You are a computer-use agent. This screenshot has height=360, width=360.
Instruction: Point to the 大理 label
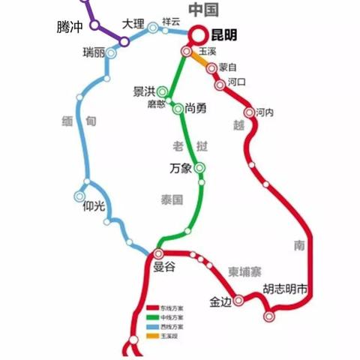133,23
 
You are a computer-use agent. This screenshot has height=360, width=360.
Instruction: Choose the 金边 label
220,301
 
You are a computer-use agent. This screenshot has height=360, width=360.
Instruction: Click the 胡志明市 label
286,289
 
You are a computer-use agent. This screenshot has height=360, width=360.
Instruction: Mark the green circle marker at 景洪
162,91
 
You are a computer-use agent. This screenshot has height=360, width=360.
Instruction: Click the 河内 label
265,112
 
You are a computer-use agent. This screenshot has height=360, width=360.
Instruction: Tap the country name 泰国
172,200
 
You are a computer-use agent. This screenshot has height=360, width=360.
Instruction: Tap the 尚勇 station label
196,109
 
